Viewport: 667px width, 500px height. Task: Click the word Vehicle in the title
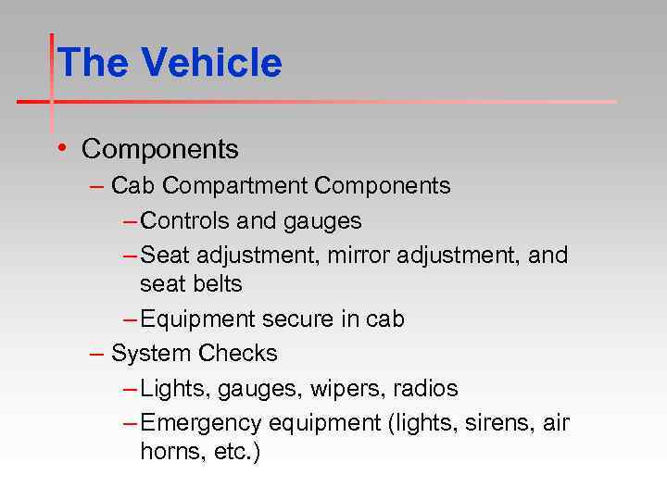tap(211, 63)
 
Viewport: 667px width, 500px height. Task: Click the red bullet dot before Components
tap(60, 147)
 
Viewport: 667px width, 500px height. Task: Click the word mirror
tap(358, 255)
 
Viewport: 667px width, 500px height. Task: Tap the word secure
tap(302, 319)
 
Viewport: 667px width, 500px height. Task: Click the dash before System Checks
tap(97, 353)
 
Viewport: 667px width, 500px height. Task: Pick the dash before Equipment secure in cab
tap(131, 319)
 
